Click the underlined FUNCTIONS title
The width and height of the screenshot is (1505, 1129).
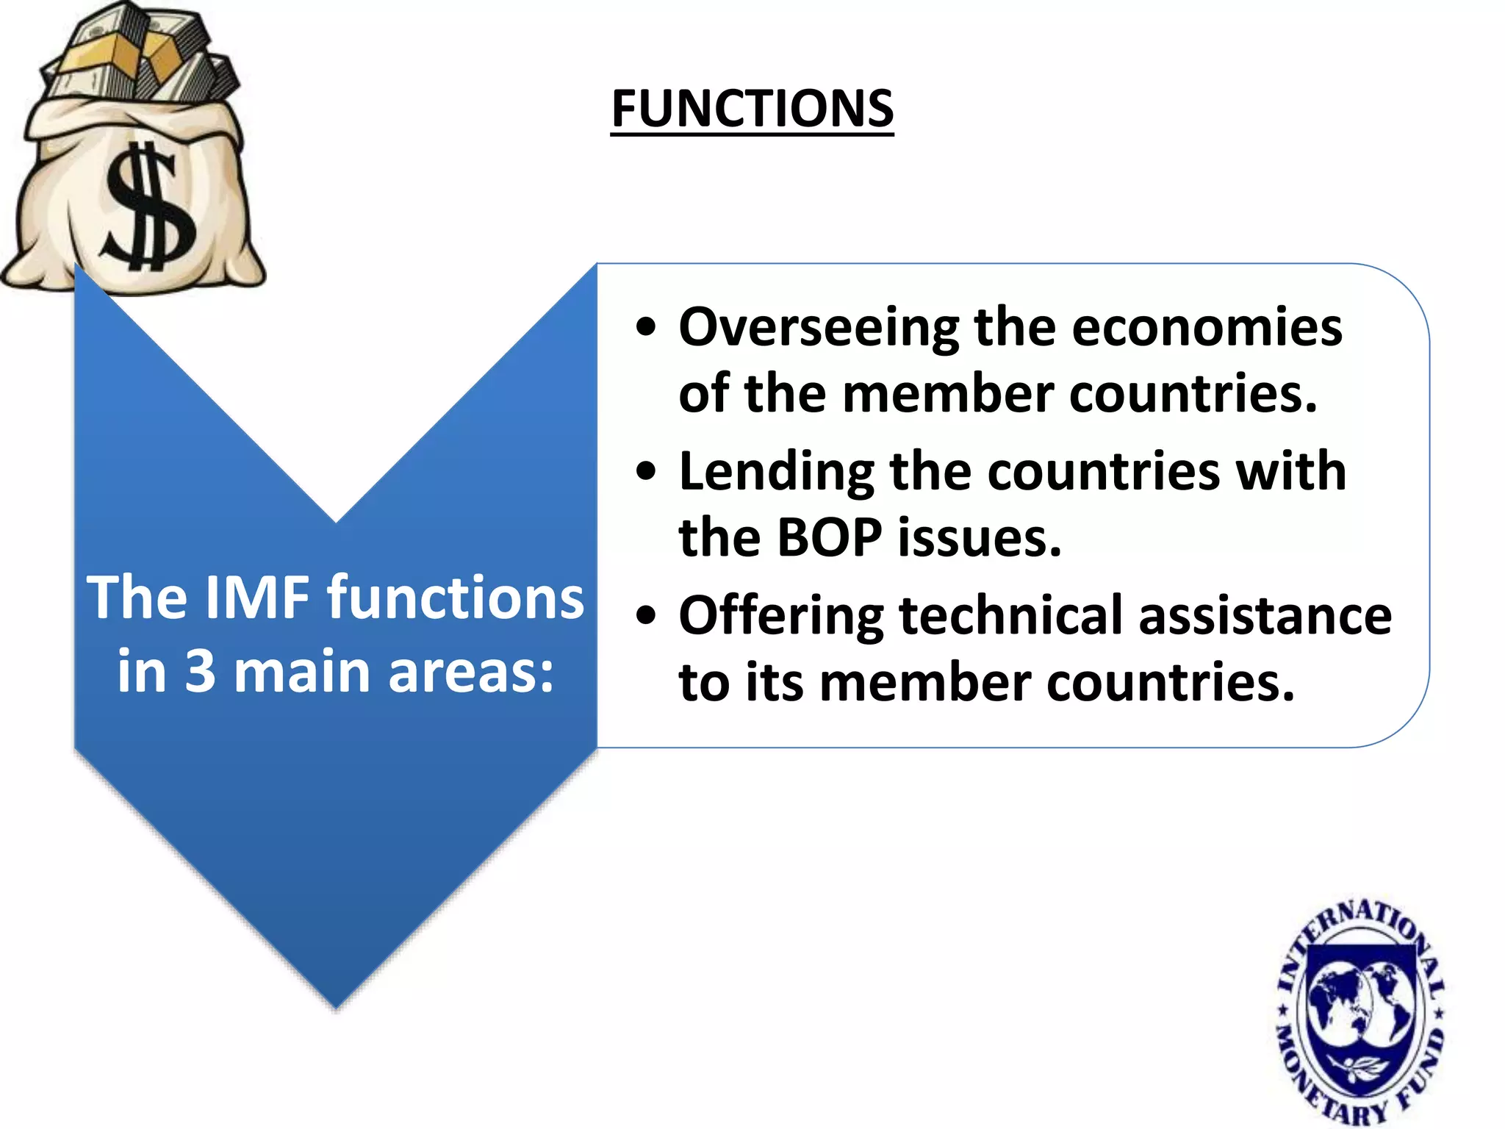pyautogui.click(x=752, y=109)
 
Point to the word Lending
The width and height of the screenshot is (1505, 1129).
pyautogui.click(x=777, y=472)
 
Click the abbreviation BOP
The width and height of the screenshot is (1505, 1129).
pyautogui.click(x=829, y=538)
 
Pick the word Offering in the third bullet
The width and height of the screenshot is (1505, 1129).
pyautogui.click(x=781, y=616)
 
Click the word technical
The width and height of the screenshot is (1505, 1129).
pyautogui.click(x=1010, y=616)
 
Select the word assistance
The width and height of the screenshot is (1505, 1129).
pyautogui.click(x=1265, y=616)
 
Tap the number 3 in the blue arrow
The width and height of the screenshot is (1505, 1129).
pyautogui.click(x=200, y=672)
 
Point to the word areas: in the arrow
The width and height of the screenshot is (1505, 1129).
pyautogui.click(x=470, y=673)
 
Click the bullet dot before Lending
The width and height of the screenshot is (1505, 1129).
pyautogui.click(x=645, y=472)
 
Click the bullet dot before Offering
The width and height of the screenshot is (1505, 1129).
pyautogui.click(x=645, y=616)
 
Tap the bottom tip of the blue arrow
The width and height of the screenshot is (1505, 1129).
pyautogui.click(x=336, y=1003)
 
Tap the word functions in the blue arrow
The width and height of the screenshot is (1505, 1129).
pyautogui.click(x=456, y=597)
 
